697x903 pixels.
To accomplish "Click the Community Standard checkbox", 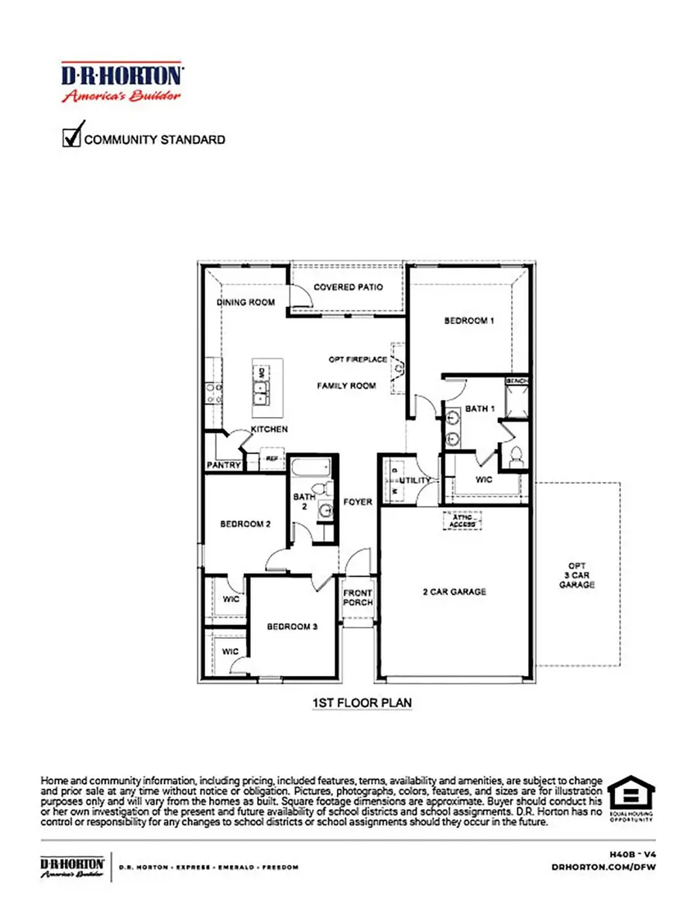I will pos(72,137).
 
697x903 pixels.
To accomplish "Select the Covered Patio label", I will pos(348,288).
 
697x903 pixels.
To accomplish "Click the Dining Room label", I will pos(245,302).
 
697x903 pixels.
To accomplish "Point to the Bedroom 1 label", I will pos(469,320).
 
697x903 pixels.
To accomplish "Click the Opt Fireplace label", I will pos(357,360).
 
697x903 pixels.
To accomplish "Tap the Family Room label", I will pos(346,385).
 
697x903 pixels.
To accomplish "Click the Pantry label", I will pos(222,465).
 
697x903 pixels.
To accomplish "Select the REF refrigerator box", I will pos(272,459).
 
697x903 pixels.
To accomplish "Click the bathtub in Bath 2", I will pos(311,468).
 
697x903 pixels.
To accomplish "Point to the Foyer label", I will pos(358,501).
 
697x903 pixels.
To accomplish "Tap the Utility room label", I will pos(414,481).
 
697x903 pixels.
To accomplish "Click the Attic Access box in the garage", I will pos(462,520).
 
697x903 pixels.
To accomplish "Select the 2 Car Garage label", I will pos(454,592).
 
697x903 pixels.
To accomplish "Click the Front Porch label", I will pos(358,598).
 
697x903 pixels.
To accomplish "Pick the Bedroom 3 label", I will pos(293,626).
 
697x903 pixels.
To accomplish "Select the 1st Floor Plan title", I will pos(362,703).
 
